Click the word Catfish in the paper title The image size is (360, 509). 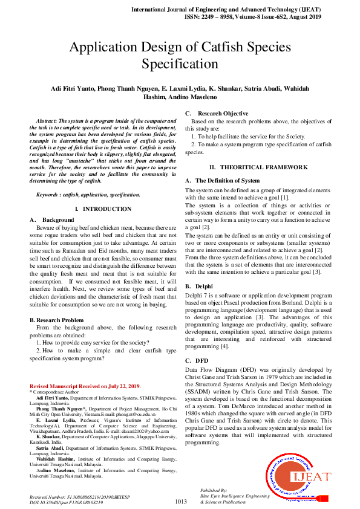point(235,47)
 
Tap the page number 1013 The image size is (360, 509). point(180,501)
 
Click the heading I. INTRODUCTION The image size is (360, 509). point(103,209)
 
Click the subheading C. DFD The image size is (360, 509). point(199,360)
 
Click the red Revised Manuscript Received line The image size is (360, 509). point(85,386)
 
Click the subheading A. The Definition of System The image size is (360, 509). point(222,181)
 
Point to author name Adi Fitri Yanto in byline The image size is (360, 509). point(73,88)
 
